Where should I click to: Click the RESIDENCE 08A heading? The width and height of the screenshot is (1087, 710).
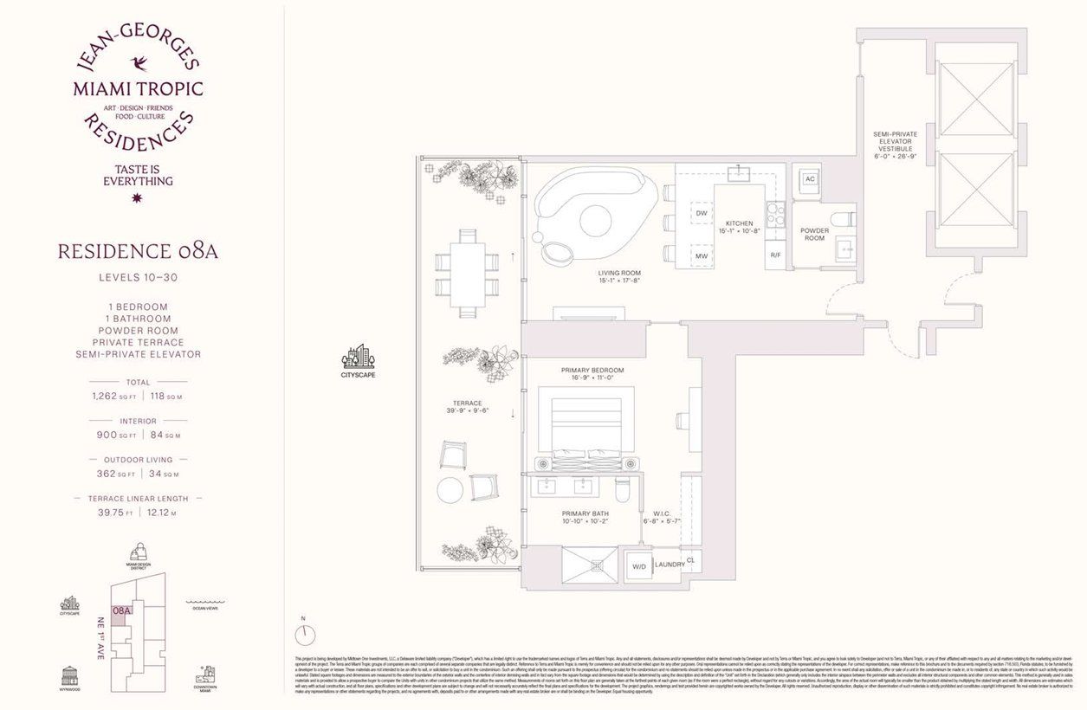[138, 252]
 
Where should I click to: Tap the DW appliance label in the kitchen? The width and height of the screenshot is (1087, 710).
[702, 212]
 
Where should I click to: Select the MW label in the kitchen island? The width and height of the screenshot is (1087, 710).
[702, 256]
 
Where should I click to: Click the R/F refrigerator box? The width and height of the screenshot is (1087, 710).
[776, 255]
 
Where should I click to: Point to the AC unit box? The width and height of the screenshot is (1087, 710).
[809, 179]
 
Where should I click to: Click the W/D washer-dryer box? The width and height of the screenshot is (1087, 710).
[639, 567]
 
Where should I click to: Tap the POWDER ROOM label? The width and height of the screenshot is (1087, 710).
[815, 235]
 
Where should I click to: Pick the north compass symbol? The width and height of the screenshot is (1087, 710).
[305, 636]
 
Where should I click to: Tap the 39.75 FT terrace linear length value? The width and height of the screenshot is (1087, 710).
[108, 513]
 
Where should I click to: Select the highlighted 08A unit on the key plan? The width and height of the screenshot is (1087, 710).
[121, 610]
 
